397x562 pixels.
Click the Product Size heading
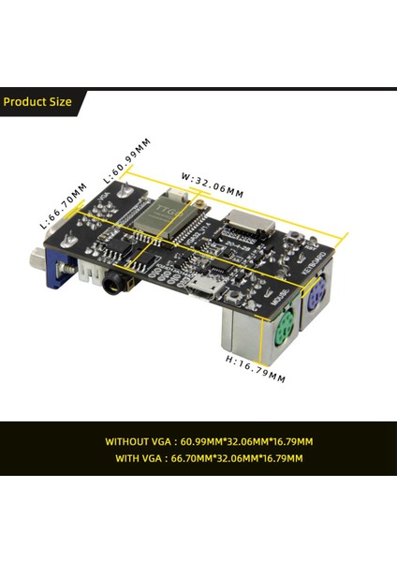coord(37,101)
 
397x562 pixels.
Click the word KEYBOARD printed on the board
coord(315,259)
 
